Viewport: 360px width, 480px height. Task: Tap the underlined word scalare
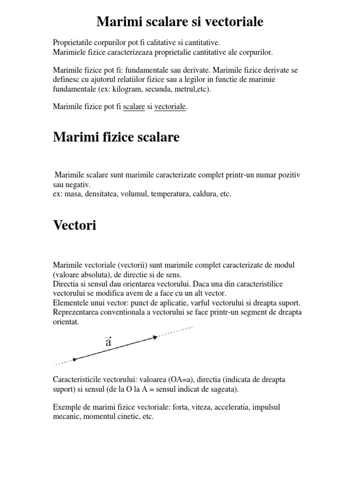134,107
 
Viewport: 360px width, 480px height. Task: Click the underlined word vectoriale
170,107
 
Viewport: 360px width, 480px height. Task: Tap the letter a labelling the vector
108,342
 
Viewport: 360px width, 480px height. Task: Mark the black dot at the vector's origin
75,360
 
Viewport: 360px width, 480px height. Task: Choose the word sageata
222,389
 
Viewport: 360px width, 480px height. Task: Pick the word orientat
67,322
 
